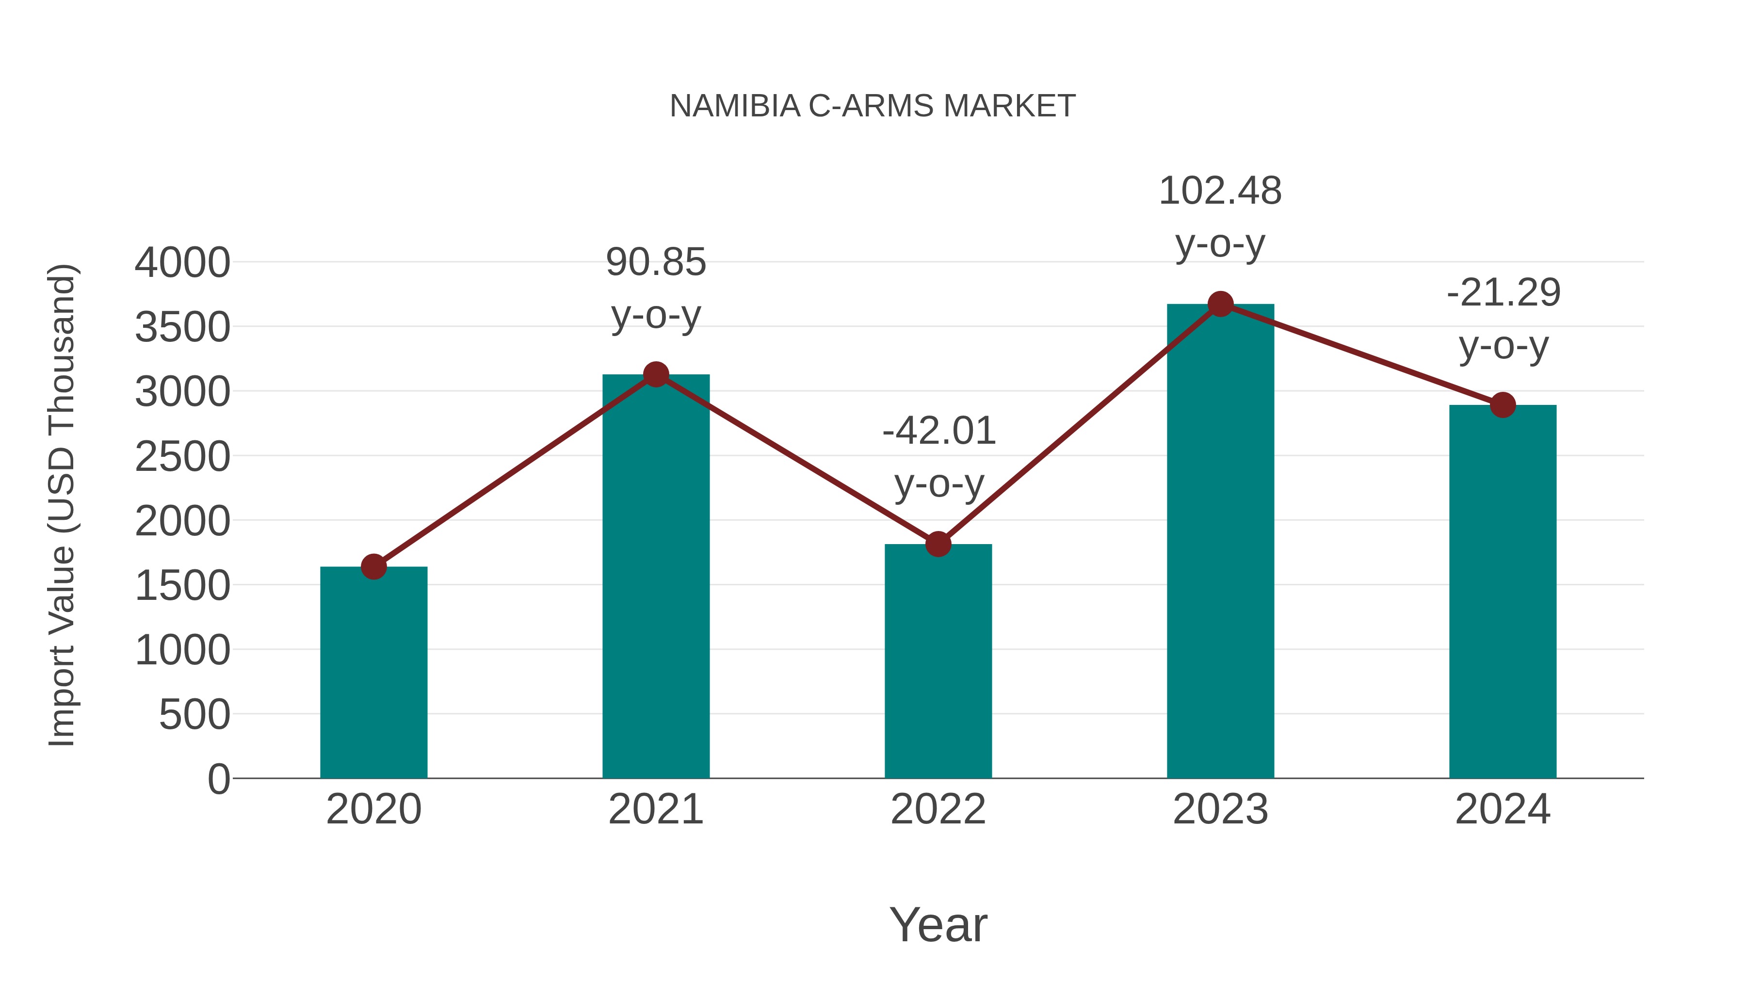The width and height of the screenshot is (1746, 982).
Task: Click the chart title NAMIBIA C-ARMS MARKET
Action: coord(873,106)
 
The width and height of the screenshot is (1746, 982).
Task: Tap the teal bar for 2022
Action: coord(938,664)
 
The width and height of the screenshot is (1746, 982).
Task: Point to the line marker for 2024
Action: coord(1503,405)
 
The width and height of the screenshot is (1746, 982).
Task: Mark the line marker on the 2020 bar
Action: coord(373,566)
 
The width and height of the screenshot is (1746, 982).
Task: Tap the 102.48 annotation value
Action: coord(1220,191)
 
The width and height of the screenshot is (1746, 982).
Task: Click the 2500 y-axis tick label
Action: coord(182,457)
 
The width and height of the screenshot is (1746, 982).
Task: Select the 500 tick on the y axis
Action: coord(194,715)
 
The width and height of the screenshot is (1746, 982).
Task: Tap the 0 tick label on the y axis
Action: coord(218,779)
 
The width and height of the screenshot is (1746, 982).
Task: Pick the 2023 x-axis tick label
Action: coord(1220,809)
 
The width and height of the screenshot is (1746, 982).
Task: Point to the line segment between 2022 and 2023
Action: coord(1079,424)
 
